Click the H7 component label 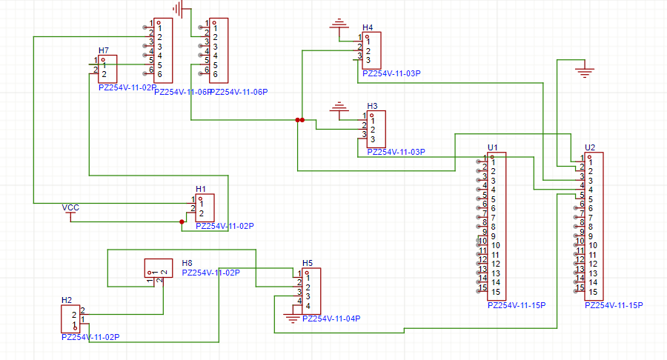pyautogui.click(x=104, y=50)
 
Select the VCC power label pyautogui.click(x=70, y=207)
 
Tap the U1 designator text pyautogui.click(x=493, y=147)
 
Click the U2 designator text pyautogui.click(x=590, y=147)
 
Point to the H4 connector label pyautogui.click(x=368, y=28)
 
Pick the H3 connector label pyautogui.click(x=372, y=106)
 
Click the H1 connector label pyautogui.click(x=201, y=189)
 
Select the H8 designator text pyautogui.click(x=187, y=263)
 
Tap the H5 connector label pyautogui.click(x=308, y=263)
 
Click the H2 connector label pyautogui.click(x=67, y=300)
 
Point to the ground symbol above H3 pyautogui.click(x=339, y=108)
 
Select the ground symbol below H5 pyautogui.click(x=293, y=319)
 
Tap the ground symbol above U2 pyautogui.click(x=585, y=72)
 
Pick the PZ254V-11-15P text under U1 pyautogui.click(x=517, y=304)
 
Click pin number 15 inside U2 pyautogui.click(x=593, y=292)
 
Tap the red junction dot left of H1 pyautogui.click(x=182, y=221)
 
